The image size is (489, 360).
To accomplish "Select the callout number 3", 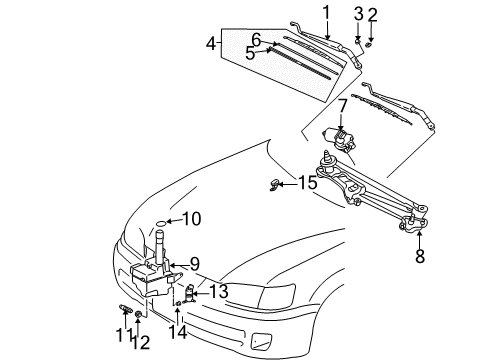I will tap(357, 13).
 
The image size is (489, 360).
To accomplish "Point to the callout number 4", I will tap(211, 43).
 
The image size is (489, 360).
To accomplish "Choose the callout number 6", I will tap(256, 39).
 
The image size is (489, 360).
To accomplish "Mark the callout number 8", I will tap(420, 255).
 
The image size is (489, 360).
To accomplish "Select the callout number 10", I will tap(192, 218).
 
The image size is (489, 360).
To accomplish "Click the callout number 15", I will tap(308, 183).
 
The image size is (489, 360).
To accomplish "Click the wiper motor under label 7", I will tap(335, 135).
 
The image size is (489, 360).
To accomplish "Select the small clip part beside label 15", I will tap(279, 183).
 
